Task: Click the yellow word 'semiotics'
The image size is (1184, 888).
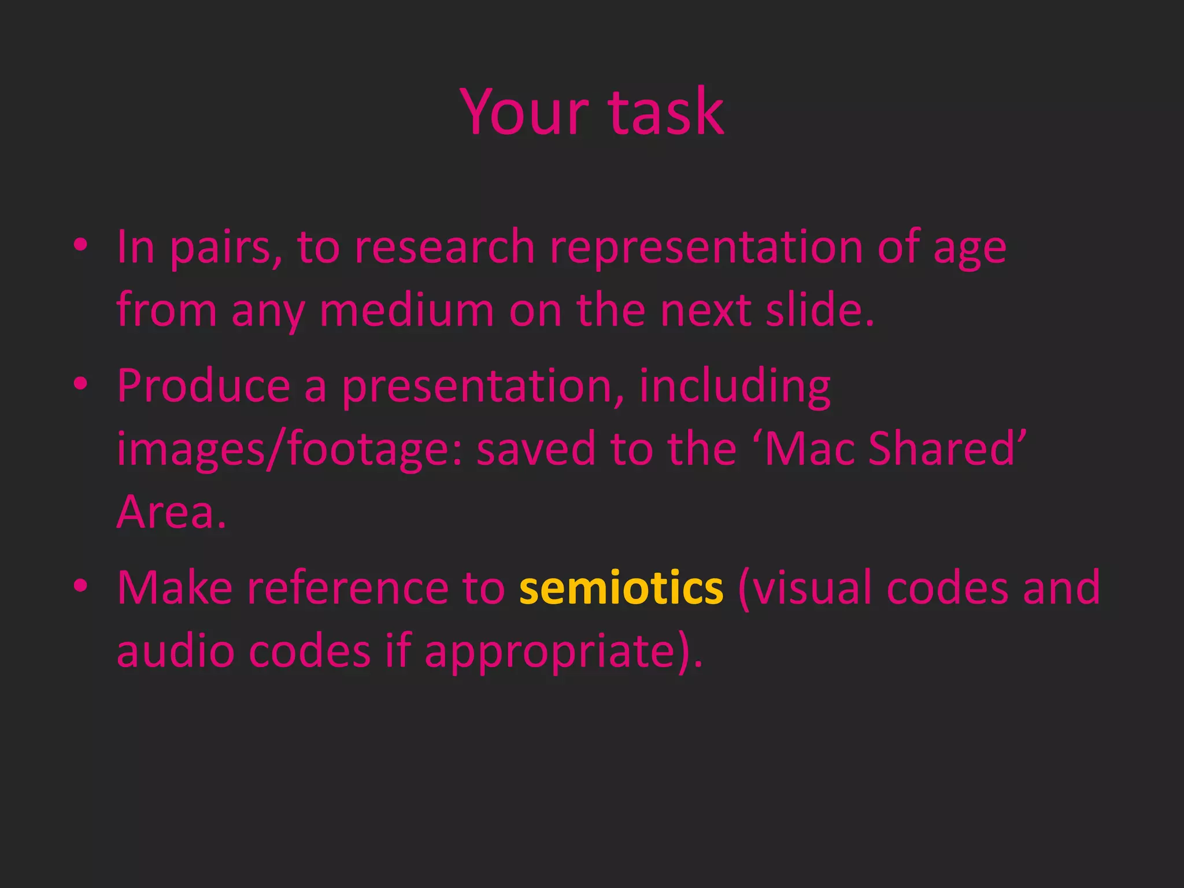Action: click(x=621, y=588)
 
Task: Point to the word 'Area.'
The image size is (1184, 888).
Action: click(x=172, y=512)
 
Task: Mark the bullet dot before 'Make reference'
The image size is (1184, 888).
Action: click(x=81, y=586)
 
